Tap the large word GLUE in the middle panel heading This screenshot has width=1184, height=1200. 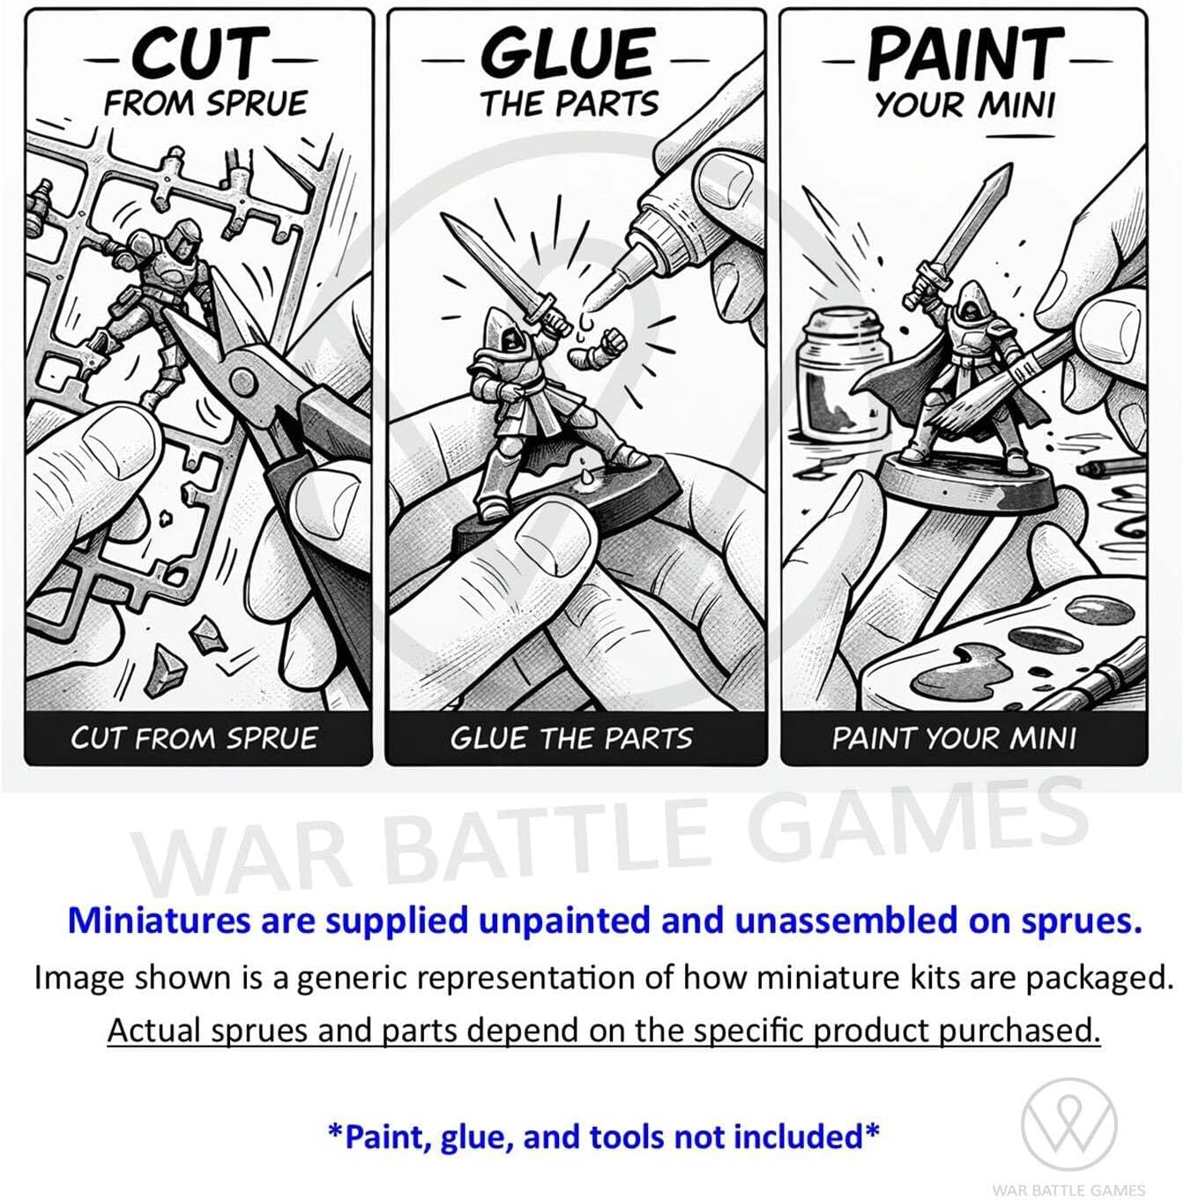[568, 55]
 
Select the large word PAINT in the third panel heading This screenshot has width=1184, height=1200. [966, 54]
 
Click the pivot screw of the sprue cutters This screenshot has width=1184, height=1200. [243, 378]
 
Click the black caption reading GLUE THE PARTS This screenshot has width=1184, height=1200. [571, 739]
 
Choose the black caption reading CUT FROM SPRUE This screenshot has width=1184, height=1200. [194, 739]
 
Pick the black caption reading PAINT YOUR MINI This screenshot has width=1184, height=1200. [954, 739]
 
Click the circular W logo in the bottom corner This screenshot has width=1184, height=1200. [1069, 1125]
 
